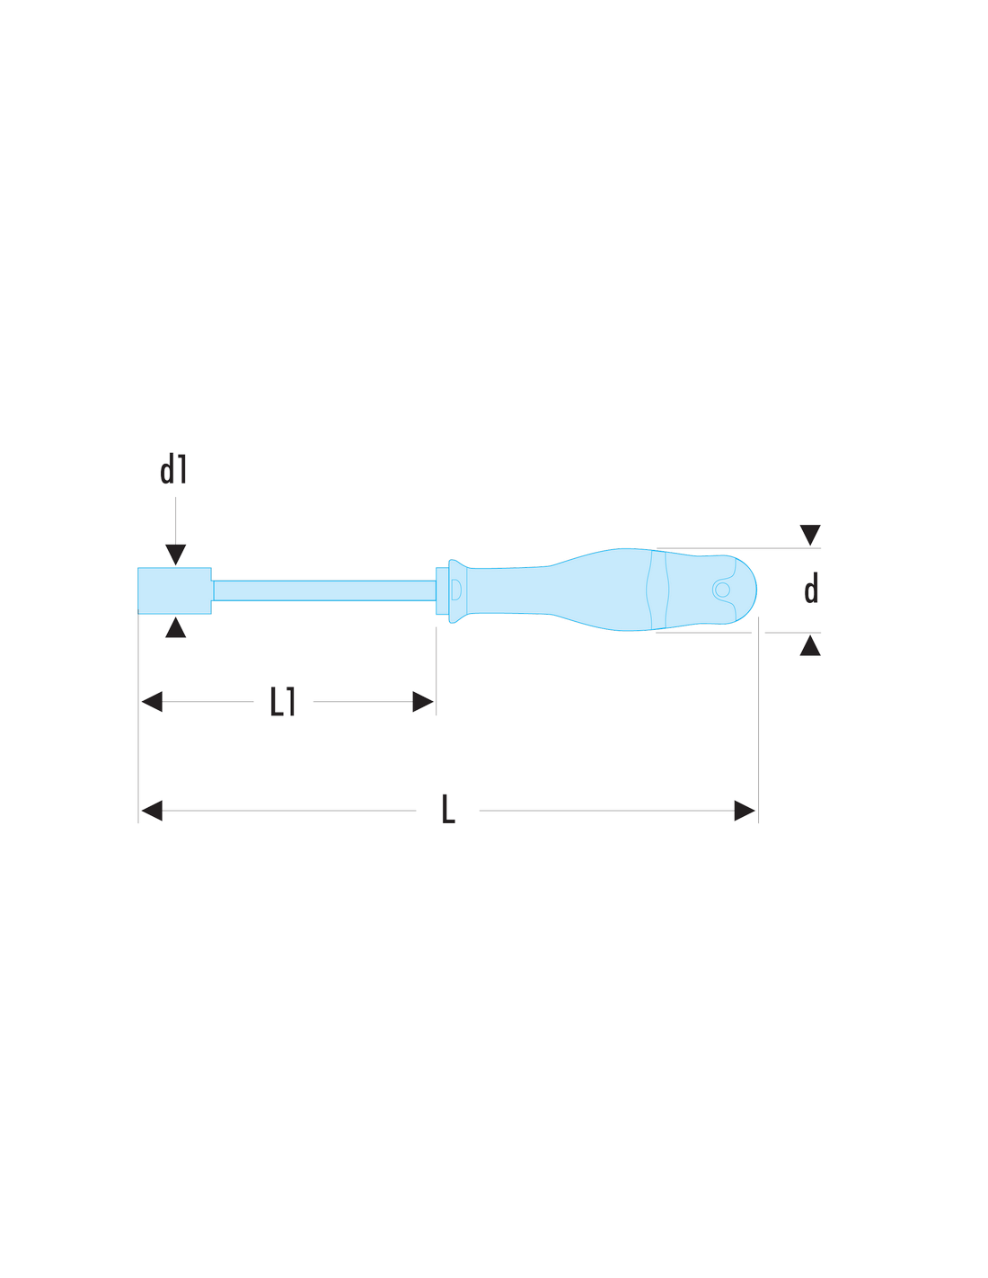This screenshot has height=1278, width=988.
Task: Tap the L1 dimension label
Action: pos(282,701)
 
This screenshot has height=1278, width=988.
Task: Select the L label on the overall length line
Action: pos(448,809)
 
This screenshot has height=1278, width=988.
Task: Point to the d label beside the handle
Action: pos(810,589)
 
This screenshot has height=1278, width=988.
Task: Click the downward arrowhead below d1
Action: pos(175,554)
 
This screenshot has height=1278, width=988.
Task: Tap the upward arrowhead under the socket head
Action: pos(175,627)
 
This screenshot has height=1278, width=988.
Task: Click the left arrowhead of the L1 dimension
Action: pos(152,702)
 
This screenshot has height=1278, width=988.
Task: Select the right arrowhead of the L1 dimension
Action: pos(422,702)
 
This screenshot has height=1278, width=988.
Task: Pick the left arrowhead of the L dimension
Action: pos(152,811)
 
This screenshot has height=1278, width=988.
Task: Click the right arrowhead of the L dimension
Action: pos(744,811)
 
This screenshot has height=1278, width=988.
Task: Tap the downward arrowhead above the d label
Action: pos(810,535)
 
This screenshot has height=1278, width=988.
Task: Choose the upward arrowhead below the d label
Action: pos(810,645)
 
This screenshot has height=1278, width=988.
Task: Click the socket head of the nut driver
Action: pos(174,590)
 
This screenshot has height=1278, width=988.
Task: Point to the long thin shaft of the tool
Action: pos(324,590)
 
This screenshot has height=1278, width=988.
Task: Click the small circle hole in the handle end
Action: pos(722,590)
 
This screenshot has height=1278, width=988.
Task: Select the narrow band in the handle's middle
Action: pos(657,590)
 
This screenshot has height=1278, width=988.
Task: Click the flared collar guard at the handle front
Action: pos(457,590)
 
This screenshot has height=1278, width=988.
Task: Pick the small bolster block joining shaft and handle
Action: pos(442,590)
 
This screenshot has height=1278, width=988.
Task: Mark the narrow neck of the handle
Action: pos(508,590)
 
